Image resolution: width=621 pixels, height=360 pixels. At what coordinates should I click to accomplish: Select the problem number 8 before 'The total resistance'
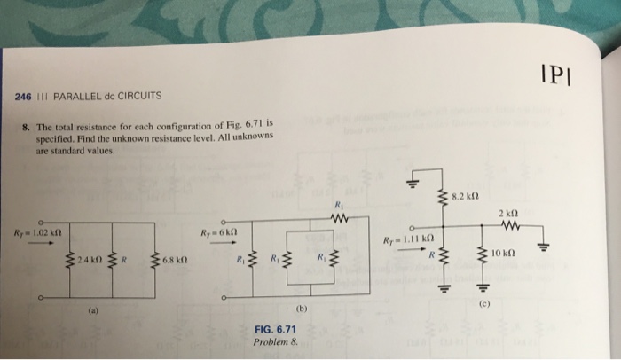click(x=27, y=126)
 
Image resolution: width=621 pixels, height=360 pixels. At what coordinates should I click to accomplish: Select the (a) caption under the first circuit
click(x=92, y=310)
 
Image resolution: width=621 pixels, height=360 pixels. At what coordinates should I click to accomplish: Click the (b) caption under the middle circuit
click(x=301, y=311)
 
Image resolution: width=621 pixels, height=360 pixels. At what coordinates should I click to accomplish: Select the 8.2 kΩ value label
click(x=467, y=194)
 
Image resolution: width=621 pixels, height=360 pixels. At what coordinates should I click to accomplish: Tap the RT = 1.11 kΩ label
click(x=406, y=240)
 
